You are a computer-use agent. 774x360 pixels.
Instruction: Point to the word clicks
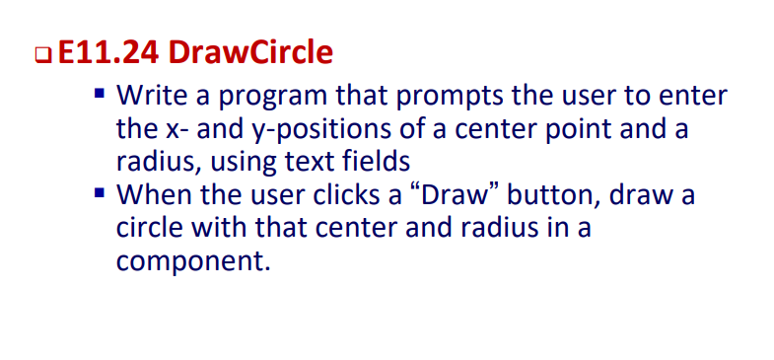click(365, 194)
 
